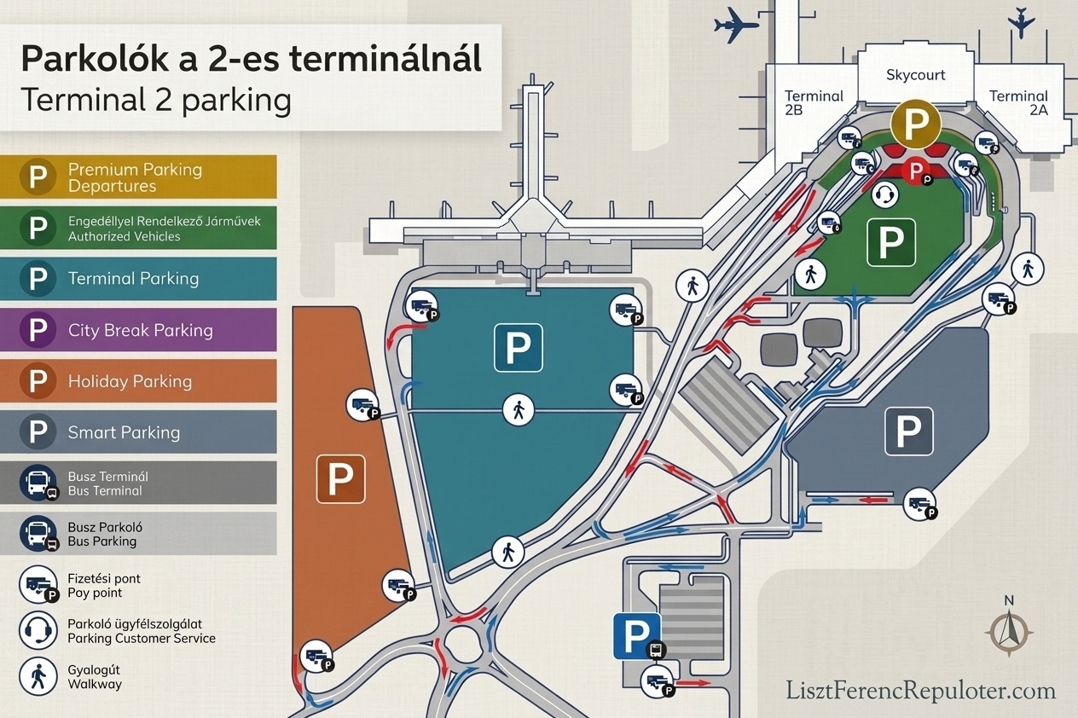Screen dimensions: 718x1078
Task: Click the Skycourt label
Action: [x=915, y=75]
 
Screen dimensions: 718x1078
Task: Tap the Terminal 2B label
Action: [x=814, y=103]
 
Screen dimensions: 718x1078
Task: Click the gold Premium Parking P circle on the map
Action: [x=915, y=124]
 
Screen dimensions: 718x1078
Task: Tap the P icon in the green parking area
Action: [x=891, y=242]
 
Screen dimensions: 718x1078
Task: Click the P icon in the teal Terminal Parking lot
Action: [x=519, y=347]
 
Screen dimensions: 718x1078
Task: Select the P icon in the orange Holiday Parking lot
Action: [x=341, y=478]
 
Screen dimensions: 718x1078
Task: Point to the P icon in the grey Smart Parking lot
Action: [x=909, y=431]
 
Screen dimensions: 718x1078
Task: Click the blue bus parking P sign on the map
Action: [x=635, y=636]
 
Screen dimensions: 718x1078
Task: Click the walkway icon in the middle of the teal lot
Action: [x=518, y=410]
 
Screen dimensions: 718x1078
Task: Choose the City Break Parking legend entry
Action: [x=138, y=330]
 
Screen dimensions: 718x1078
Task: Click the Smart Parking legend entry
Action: [x=138, y=432]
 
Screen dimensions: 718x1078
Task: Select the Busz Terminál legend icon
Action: [x=38, y=483]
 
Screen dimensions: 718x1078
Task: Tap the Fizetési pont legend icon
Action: [x=38, y=585]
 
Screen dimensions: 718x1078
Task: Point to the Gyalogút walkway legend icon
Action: [x=38, y=676]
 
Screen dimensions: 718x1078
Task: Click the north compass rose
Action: [x=1009, y=630]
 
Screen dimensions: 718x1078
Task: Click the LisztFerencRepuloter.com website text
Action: [x=921, y=690]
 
